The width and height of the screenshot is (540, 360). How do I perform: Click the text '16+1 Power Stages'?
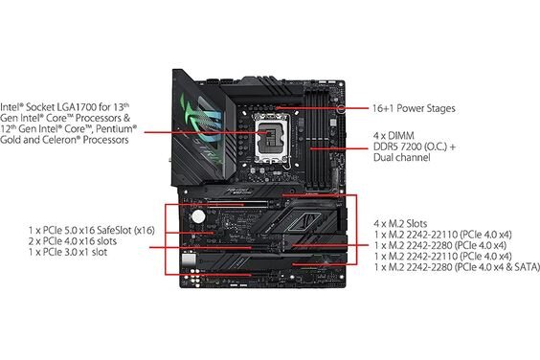(414, 110)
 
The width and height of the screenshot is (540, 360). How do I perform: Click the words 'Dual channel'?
(399, 164)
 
